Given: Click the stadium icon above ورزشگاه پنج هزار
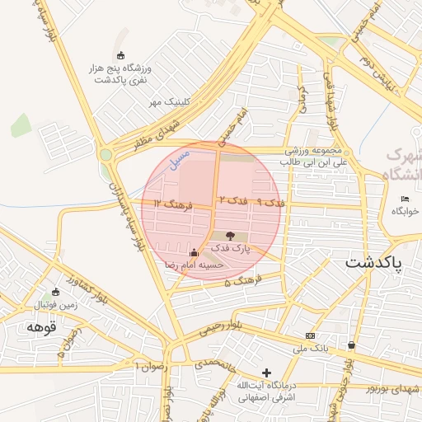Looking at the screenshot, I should [x=121, y=55].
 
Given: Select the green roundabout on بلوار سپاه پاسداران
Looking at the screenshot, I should [x=105, y=154].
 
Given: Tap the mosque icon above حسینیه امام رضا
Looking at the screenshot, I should [x=194, y=252].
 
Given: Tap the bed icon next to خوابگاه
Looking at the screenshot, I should [x=405, y=199].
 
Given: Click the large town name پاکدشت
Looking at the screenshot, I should [x=373, y=263].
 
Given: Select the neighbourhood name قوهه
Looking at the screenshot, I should [x=40, y=327].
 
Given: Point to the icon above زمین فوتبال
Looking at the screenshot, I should [x=56, y=292].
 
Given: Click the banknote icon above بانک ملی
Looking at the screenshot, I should [x=310, y=335].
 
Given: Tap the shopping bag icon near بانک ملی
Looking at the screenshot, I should [x=352, y=345].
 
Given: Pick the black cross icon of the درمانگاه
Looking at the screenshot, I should [x=265, y=373].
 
